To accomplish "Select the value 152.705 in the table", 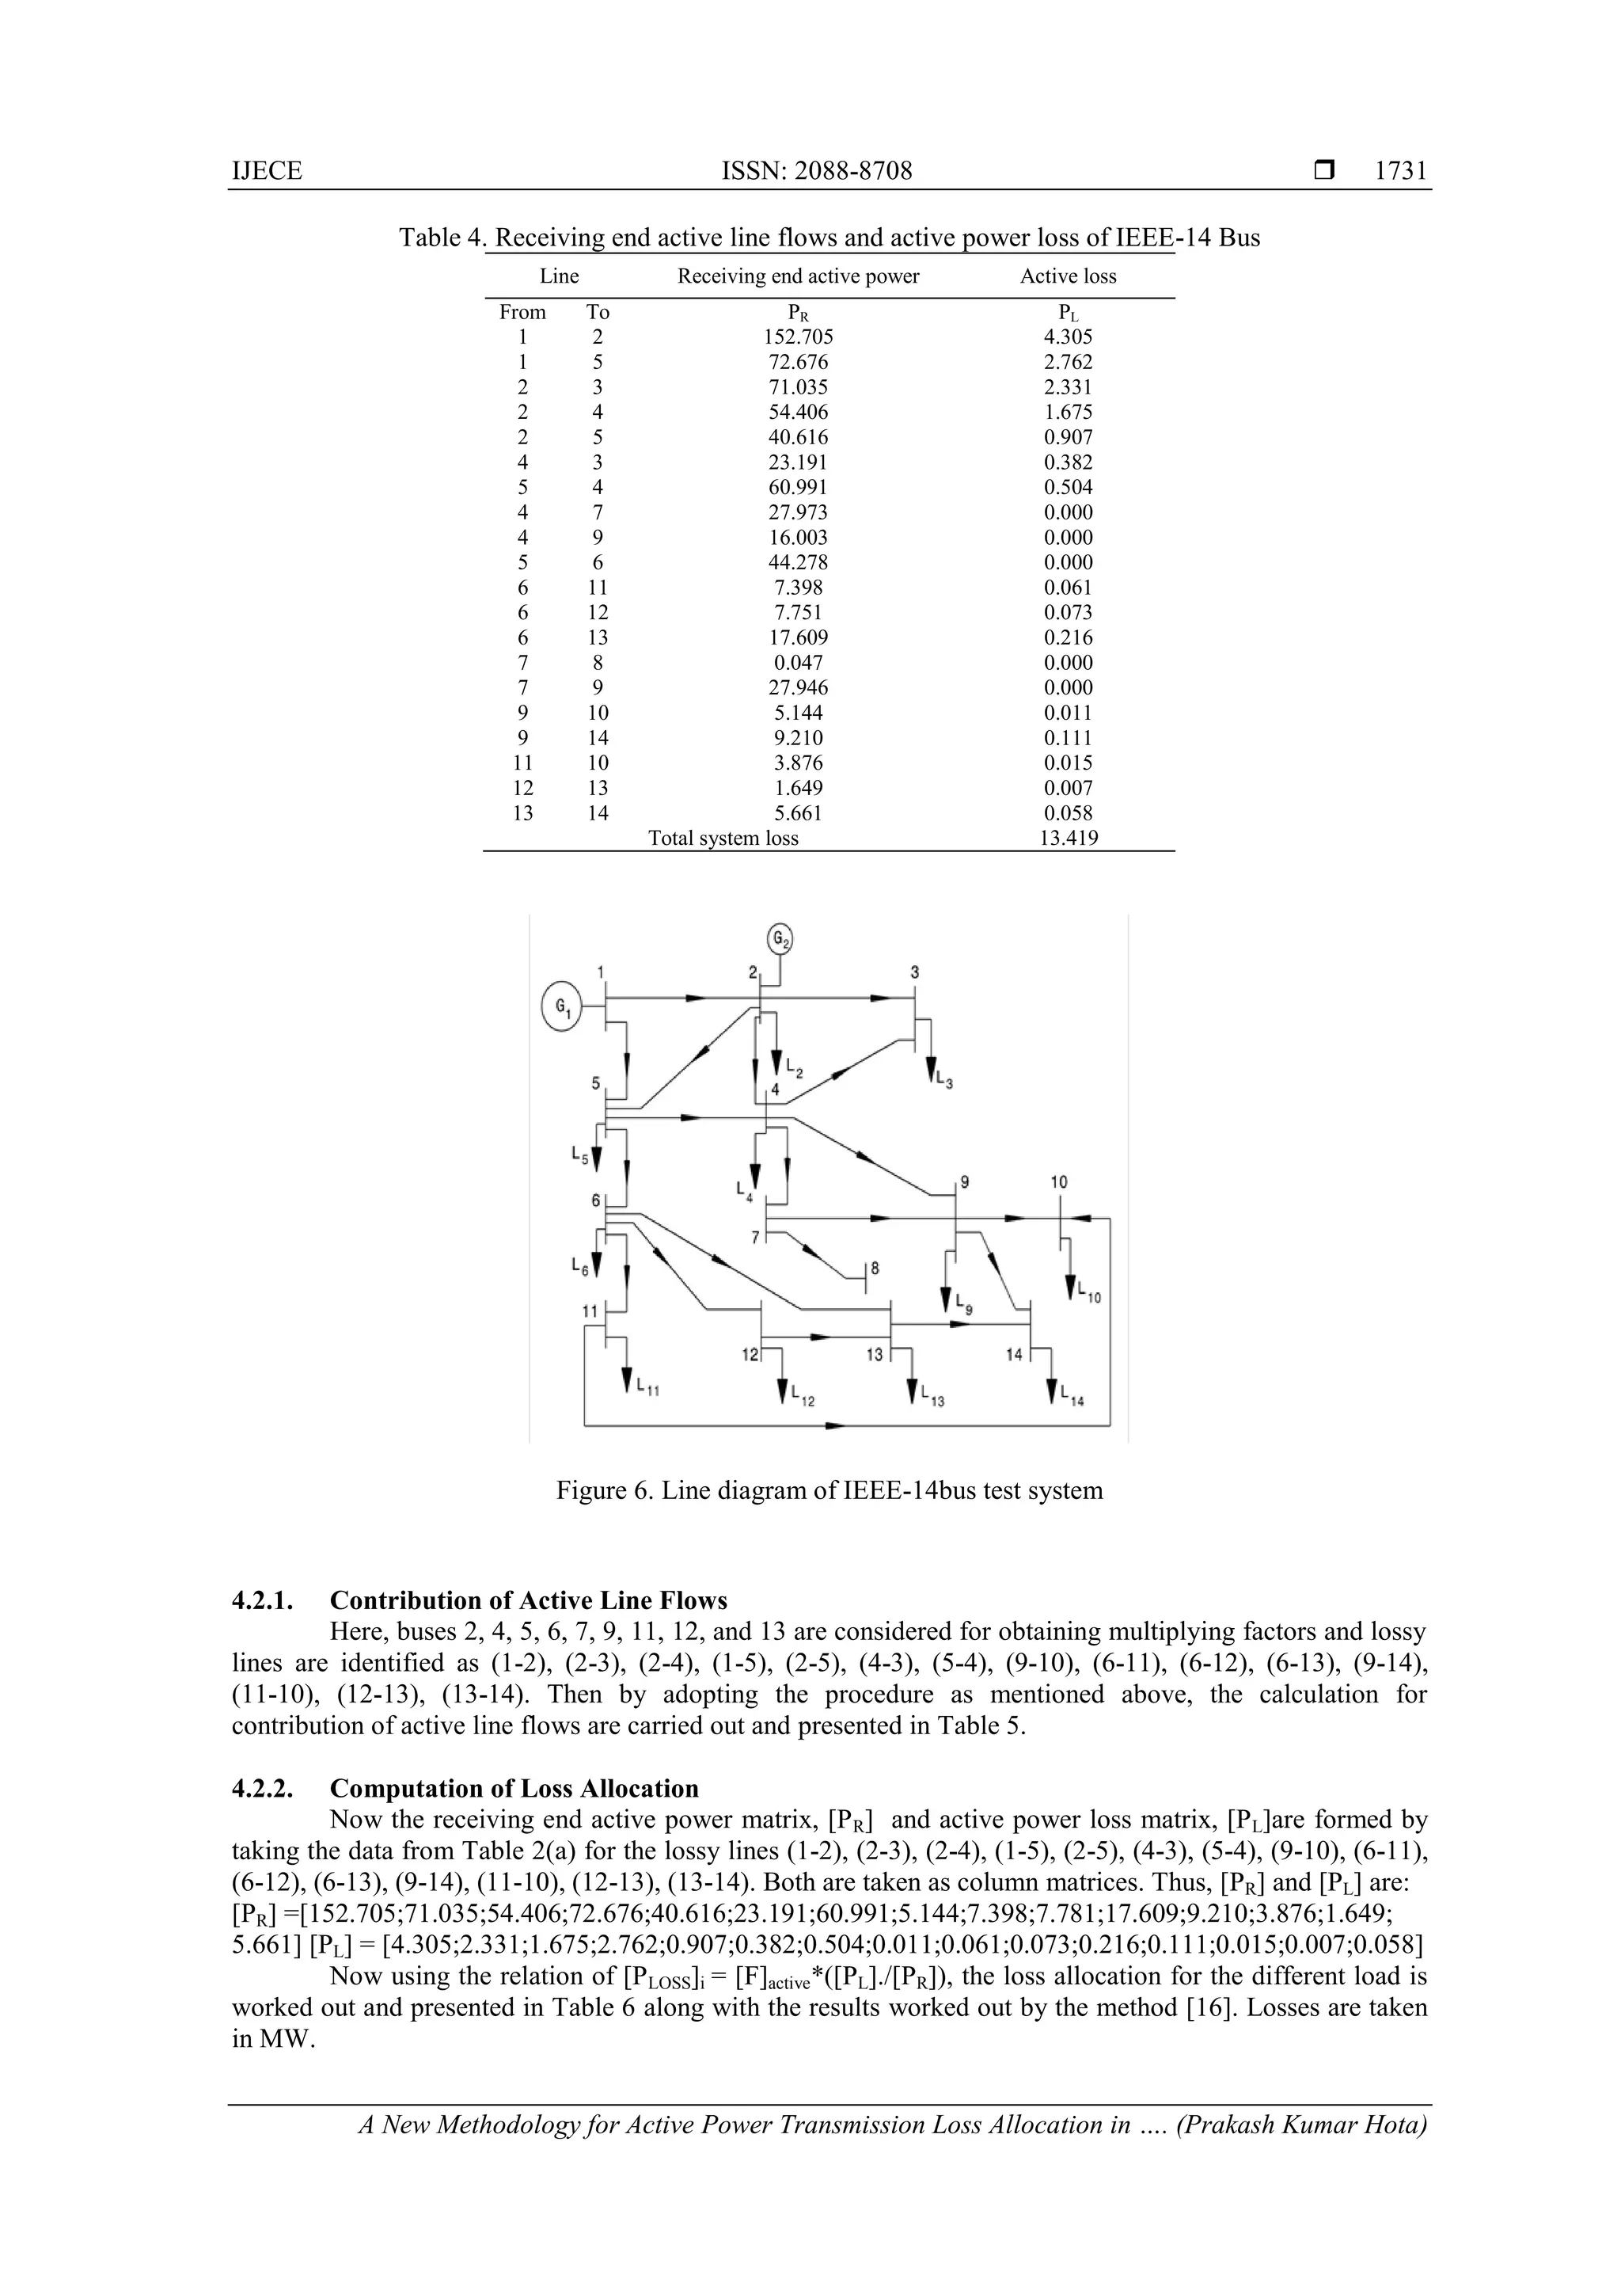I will [x=797, y=337].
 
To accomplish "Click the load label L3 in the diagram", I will [x=943, y=1079].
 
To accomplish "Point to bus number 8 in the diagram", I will [x=876, y=1269].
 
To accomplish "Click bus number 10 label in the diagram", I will [x=1059, y=1182].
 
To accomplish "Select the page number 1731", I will [x=1400, y=171].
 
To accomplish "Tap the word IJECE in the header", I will [x=267, y=171].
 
